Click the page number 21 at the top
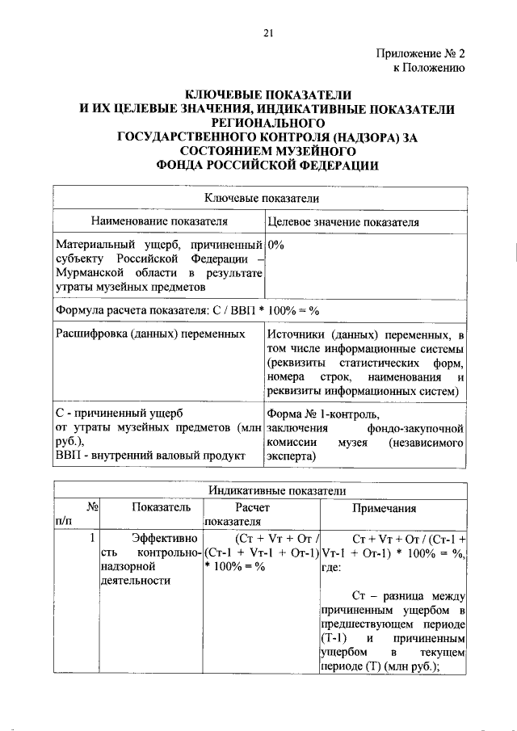click(x=268, y=32)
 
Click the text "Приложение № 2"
click(x=421, y=54)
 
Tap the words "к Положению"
click(x=428, y=69)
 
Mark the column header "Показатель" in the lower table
click(x=158, y=507)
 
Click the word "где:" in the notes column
click(x=332, y=567)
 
